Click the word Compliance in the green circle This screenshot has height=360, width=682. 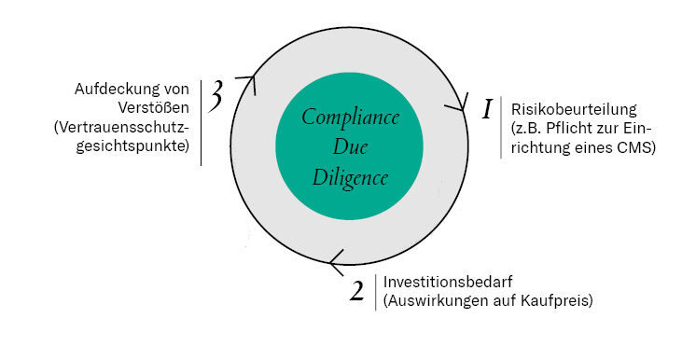(x=350, y=119)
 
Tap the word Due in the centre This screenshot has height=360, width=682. (x=351, y=147)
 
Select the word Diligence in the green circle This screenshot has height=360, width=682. (x=351, y=177)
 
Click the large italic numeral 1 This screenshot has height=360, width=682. (x=486, y=110)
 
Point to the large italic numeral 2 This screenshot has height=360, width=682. (x=356, y=291)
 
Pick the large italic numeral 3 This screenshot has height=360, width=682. (x=216, y=98)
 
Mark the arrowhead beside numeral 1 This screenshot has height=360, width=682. (x=458, y=106)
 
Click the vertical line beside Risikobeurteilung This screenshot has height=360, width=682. (x=501, y=127)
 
